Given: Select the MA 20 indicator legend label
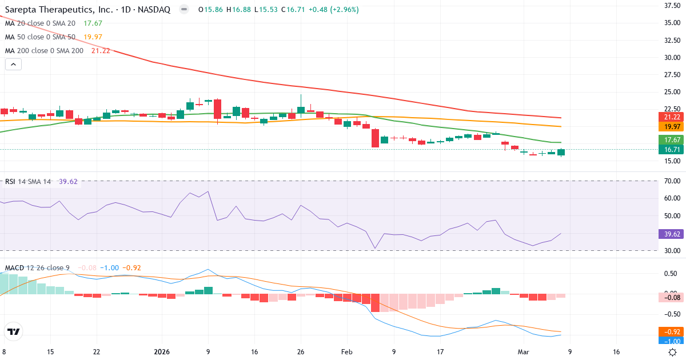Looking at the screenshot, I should tap(40, 23).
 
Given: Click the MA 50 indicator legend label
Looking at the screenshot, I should tap(40, 37).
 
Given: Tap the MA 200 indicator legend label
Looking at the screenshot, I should tap(44, 50).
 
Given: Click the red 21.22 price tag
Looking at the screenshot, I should tap(670, 117).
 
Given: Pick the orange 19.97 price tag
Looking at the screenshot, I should tap(670, 126).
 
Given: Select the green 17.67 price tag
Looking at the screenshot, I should tap(670, 140).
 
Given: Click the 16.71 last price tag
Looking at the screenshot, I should tap(670, 150).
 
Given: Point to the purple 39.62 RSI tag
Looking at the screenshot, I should tap(670, 234).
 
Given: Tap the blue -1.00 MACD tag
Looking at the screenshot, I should tap(670, 341).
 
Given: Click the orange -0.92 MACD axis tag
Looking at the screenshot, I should tap(670, 331).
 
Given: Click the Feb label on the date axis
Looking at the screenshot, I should tap(347, 352).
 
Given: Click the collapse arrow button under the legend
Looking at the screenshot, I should tap(13, 64).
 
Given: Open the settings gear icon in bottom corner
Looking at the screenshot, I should tap(673, 352).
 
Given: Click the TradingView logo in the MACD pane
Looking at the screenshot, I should tap(13, 331).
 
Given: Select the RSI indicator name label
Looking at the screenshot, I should tap(10, 182).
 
